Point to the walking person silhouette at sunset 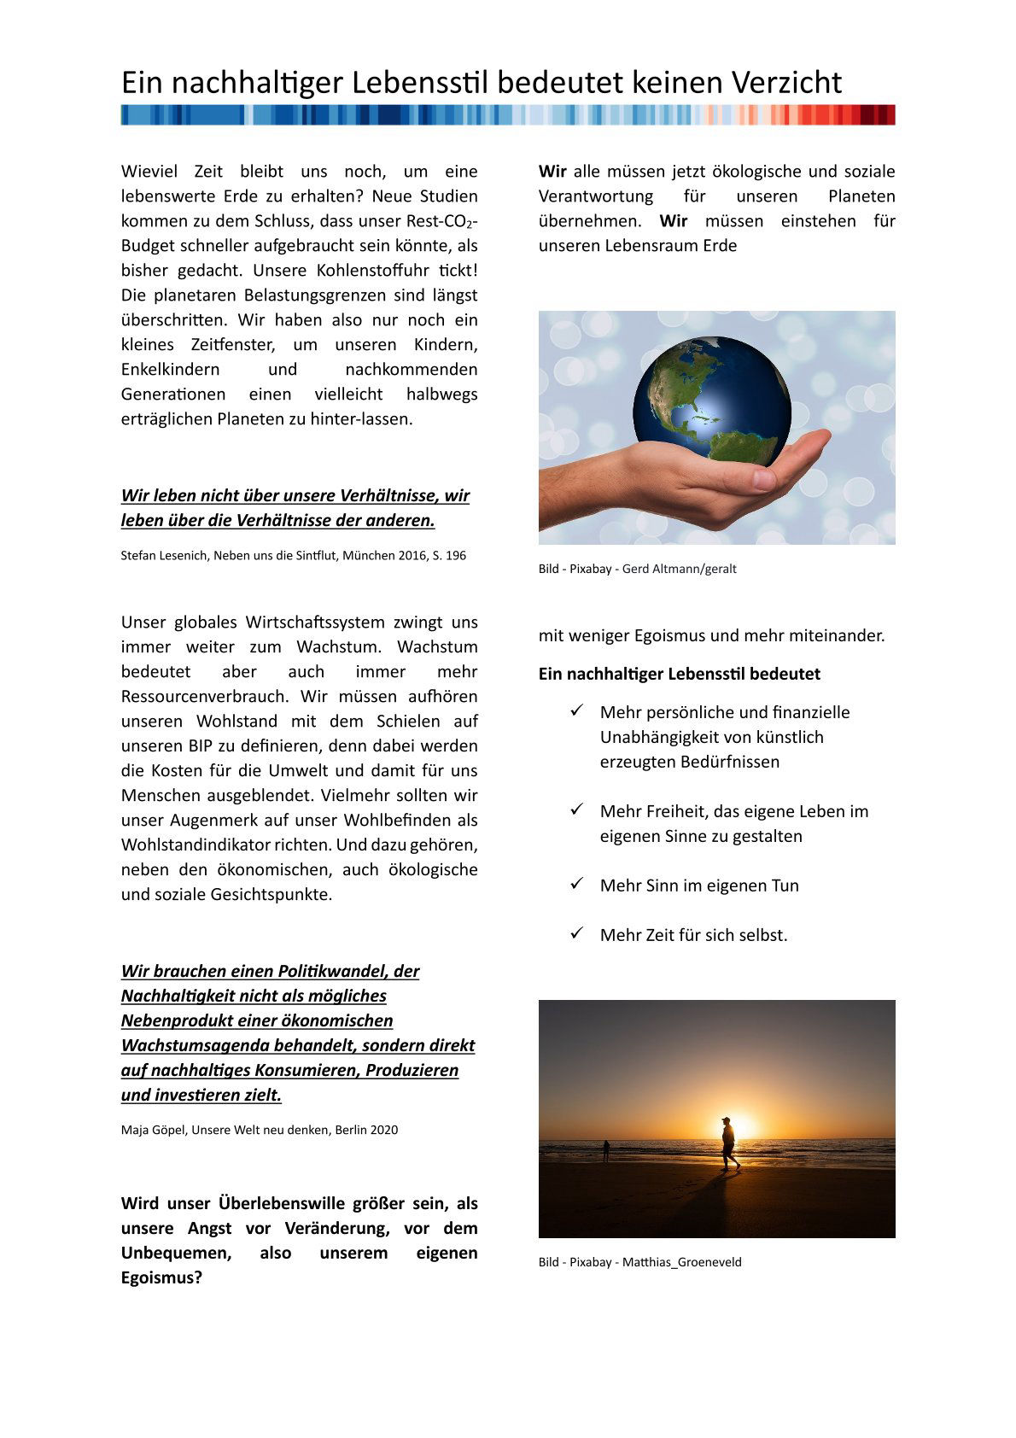[728, 1143]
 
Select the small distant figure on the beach [605, 1150]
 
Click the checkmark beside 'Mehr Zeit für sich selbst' [577, 933]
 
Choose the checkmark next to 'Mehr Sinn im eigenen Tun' [577, 884]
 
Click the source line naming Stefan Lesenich [294, 556]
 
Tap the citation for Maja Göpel [260, 1130]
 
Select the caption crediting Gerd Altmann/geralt [637, 569]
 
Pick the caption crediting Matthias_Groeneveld [639, 1262]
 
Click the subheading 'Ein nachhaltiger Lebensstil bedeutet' [679, 674]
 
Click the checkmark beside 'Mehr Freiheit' [577, 810]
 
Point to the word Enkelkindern [170, 370]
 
